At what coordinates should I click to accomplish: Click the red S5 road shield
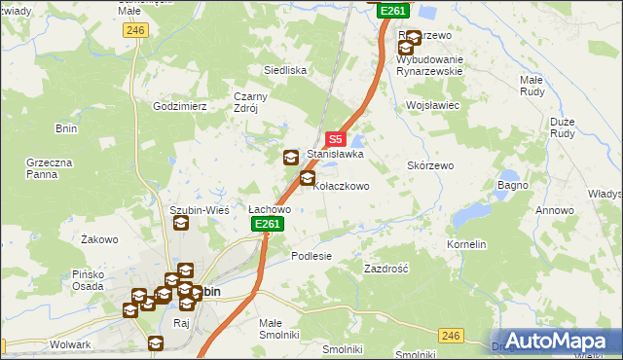point(335,140)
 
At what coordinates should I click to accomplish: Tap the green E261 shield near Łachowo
point(268,225)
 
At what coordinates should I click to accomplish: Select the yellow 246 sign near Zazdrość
point(450,336)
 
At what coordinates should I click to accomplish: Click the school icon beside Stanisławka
point(291,158)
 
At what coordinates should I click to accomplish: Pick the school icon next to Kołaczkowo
point(308,178)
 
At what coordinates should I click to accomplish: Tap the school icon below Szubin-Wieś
point(181,224)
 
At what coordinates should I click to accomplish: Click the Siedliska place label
point(286,71)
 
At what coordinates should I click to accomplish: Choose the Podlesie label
point(311,256)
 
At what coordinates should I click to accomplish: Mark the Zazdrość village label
point(385,268)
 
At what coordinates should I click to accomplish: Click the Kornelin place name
point(466,245)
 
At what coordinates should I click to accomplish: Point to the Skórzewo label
point(430,166)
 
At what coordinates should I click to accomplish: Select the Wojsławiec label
point(432,104)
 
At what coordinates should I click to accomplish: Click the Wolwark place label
point(70,344)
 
